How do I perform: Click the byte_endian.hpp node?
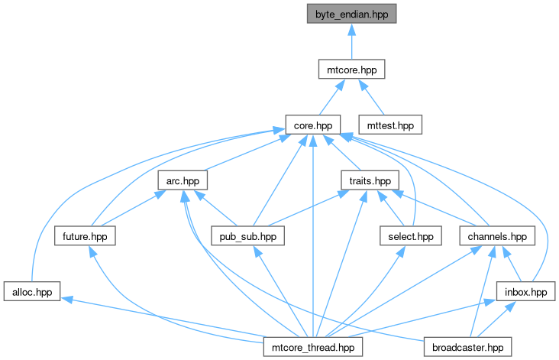[351, 14]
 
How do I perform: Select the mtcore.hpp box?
[351, 70]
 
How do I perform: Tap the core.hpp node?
[313, 125]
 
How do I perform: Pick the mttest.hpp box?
[390, 125]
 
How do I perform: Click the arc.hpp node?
[183, 180]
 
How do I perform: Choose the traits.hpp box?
[370, 180]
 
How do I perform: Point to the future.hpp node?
[85, 236]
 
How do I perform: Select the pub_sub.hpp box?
[247, 236]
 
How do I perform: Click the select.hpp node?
[411, 236]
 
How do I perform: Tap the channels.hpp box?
[497, 236]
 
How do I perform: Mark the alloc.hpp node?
[32, 291]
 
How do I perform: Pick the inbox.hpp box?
[526, 291]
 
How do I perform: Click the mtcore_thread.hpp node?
[313, 347]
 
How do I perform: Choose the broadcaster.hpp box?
[467, 347]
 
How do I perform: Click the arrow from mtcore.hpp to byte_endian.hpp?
[351, 42]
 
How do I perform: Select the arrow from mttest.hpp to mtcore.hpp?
[371, 97]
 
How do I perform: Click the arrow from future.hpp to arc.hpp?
[133, 209]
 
